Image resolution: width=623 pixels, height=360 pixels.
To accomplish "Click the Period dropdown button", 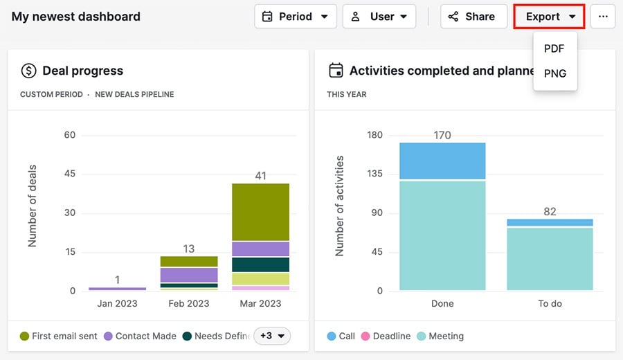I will coord(296,17).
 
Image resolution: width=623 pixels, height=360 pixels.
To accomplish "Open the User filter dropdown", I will coord(379,17).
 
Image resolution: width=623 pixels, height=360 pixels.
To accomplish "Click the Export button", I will coord(550,17).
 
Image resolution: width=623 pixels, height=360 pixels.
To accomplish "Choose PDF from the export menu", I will coord(554,48).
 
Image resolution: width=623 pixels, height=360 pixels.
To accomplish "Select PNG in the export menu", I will coord(555,73).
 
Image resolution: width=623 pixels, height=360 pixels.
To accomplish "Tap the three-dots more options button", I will coord(603,17).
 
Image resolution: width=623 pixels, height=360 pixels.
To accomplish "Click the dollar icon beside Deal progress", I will coord(28,71).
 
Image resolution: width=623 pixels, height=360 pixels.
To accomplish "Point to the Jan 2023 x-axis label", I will coord(117,303).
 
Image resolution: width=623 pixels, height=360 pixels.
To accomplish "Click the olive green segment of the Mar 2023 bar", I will coord(260,212).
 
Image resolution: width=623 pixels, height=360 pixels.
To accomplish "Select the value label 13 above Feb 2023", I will coord(189,249).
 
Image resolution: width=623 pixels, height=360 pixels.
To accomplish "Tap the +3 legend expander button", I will coord(272,336).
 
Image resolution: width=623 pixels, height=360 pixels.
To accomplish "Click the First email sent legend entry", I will coord(59,336).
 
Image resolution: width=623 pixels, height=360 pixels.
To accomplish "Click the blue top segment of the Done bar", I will coord(442,161).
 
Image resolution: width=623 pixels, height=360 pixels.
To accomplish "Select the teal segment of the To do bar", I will coord(550,259).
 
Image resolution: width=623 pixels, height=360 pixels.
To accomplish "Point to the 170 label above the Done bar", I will coord(442,135).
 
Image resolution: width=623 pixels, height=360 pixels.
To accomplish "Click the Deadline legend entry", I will coord(386,336).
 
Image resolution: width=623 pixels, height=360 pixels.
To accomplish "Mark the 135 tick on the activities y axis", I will coord(374,174).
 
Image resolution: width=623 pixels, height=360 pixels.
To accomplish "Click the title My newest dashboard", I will coord(76,17).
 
